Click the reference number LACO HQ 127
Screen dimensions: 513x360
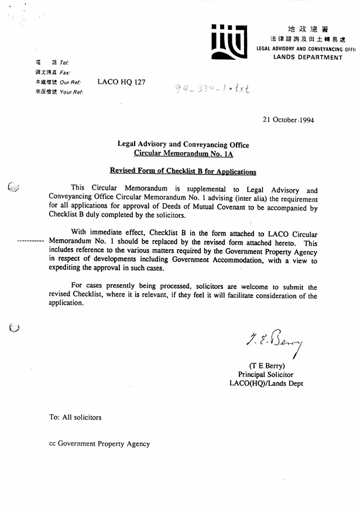point(121,82)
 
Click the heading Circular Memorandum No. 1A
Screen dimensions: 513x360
point(183,154)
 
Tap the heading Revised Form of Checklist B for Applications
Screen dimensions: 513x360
point(183,171)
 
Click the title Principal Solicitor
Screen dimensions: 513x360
point(266,375)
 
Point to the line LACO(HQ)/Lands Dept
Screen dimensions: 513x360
point(266,384)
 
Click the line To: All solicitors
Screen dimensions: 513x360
point(75,417)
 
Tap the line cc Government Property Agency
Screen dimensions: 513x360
point(100,444)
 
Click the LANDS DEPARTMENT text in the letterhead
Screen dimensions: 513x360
point(307,57)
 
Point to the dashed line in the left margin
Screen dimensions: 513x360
point(31,242)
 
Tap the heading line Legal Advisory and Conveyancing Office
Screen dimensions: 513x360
point(183,145)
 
